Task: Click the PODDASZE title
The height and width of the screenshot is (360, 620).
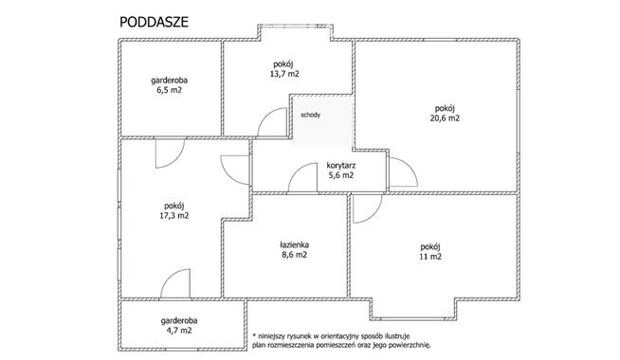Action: click(154, 22)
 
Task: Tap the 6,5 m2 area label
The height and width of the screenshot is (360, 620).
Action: click(170, 90)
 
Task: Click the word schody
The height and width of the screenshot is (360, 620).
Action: click(310, 115)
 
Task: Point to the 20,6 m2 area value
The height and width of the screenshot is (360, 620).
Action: click(445, 118)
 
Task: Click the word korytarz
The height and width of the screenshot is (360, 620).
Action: click(341, 166)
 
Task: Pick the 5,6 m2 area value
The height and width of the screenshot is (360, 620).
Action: click(341, 175)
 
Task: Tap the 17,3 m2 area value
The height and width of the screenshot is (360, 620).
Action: click(174, 216)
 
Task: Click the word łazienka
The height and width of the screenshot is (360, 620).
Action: click(294, 245)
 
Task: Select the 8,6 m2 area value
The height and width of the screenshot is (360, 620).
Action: click(294, 255)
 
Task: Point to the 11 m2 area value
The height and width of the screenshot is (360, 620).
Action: click(430, 257)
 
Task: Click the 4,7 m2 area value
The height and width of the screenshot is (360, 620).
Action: click(179, 331)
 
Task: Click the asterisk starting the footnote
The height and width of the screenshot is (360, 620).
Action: click(254, 335)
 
